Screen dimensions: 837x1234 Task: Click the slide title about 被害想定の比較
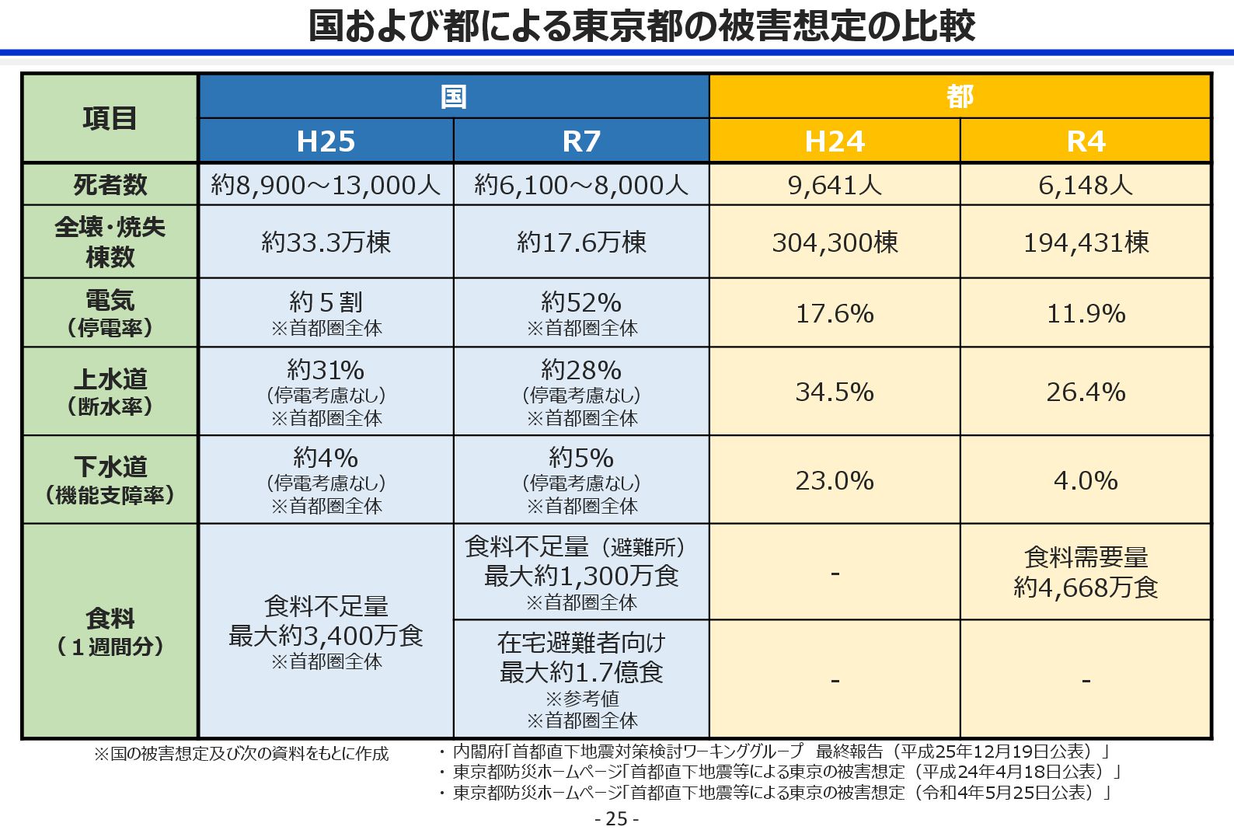pyautogui.click(x=641, y=26)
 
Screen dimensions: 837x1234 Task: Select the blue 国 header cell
pyautogui.click(x=454, y=96)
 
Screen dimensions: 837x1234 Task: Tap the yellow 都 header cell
pyautogui.click(x=960, y=96)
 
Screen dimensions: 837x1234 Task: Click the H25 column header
pyautogui.click(x=326, y=141)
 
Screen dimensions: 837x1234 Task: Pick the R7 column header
pyautogui.click(x=581, y=141)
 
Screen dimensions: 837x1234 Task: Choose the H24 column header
pyautogui.click(x=835, y=141)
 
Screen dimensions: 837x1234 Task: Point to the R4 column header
pyautogui.click(x=1086, y=141)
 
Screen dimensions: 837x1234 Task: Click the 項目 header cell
pyautogui.click(x=110, y=118)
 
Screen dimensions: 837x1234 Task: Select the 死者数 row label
pyautogui.click(x=110, y=185)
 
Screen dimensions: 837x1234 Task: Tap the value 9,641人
pyautogui.click(x=835, y=185)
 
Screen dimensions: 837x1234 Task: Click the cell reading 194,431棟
pyautogui.click(x=1086, y=242)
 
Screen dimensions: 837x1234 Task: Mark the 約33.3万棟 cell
pyautogui.click(x=326, y=242)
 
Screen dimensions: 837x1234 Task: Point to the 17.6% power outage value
pyautogui.click(x=835, y=313)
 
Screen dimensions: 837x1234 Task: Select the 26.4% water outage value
pyautogui.click(x=1086, y=392)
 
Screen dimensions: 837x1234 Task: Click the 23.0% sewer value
pyautogui.click(x=835, y=480)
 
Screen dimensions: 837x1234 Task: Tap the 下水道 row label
pyautogui.click(x=110, y=466)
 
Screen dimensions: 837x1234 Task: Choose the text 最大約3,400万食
pyautogui.click(x=326, y=636)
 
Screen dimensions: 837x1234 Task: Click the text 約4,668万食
pyautogui.click(x=1086, y=588)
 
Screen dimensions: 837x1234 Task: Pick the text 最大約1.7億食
pyautogui.click(x=581, y=672)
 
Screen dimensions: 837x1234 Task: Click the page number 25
pyautogui.click(x=616, y=819)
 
